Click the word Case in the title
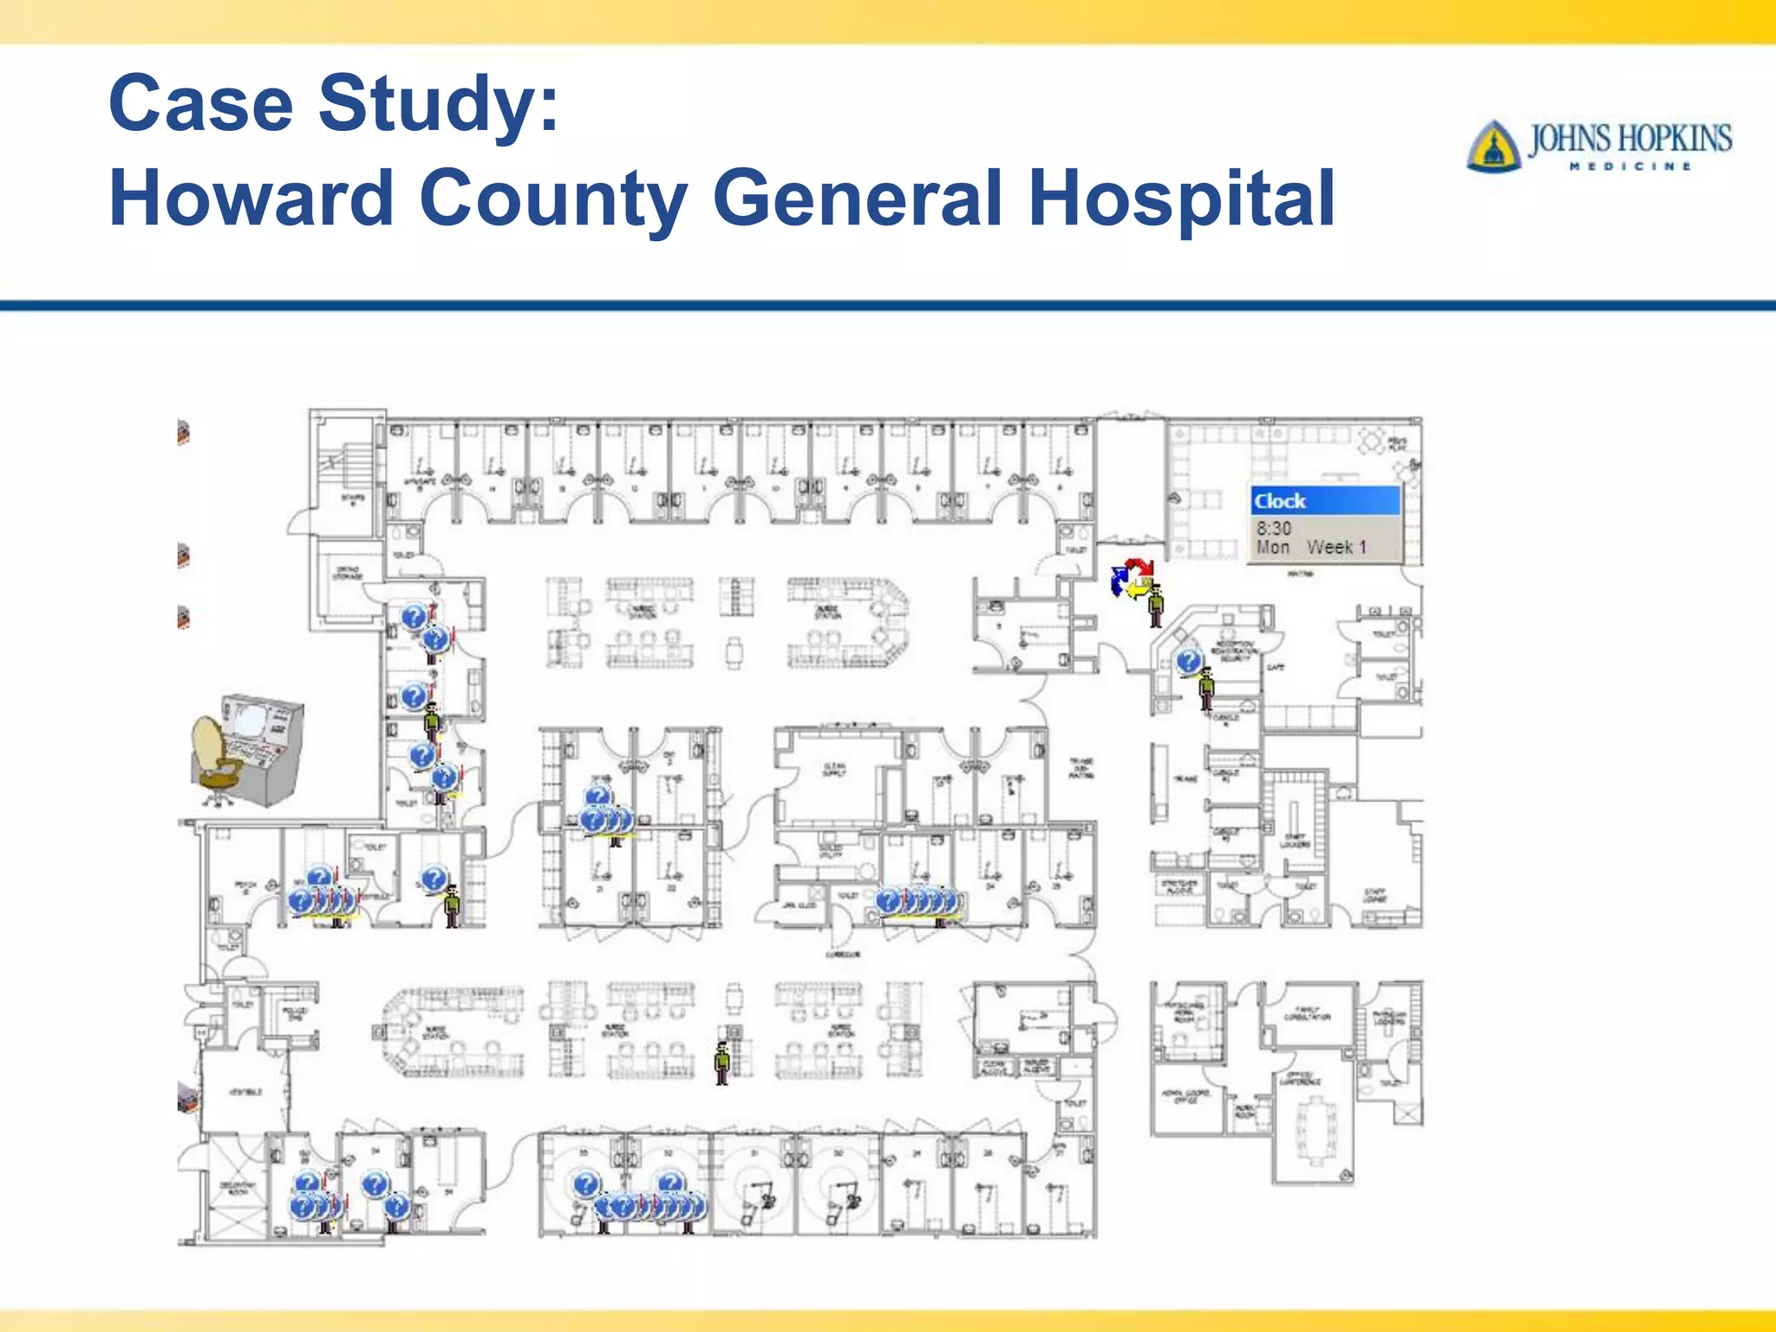coord(201,103)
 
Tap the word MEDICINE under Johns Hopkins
coord(1630,166)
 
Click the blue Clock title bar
coord(1324,501)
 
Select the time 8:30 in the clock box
coord(1274,528)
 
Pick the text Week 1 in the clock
coord(1336,547)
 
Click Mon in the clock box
coord(1273,547)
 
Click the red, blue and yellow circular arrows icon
coord(1131,578)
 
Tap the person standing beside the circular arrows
coord(1156,606)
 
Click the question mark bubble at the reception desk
coord(1188,662)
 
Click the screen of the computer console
coord(249,719)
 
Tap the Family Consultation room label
coord(1307,1012)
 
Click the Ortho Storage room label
coord(348,572)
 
